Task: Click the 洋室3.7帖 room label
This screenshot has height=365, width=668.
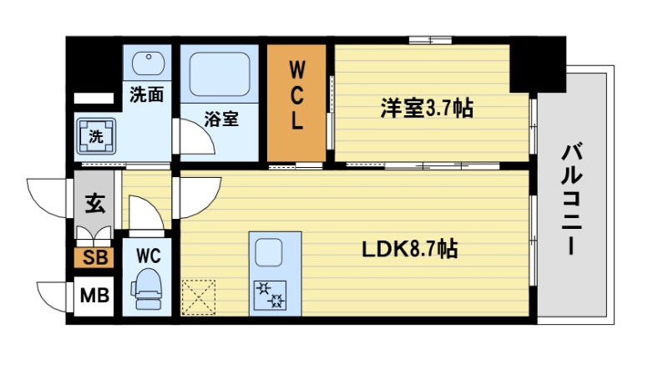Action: coord(427,109)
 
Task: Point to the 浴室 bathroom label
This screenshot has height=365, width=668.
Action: coord(221,119)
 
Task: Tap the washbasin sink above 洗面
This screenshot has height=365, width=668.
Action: coord(148,64)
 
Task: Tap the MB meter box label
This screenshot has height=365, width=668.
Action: coord(92,295)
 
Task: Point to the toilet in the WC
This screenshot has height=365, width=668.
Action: coord(148,286)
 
